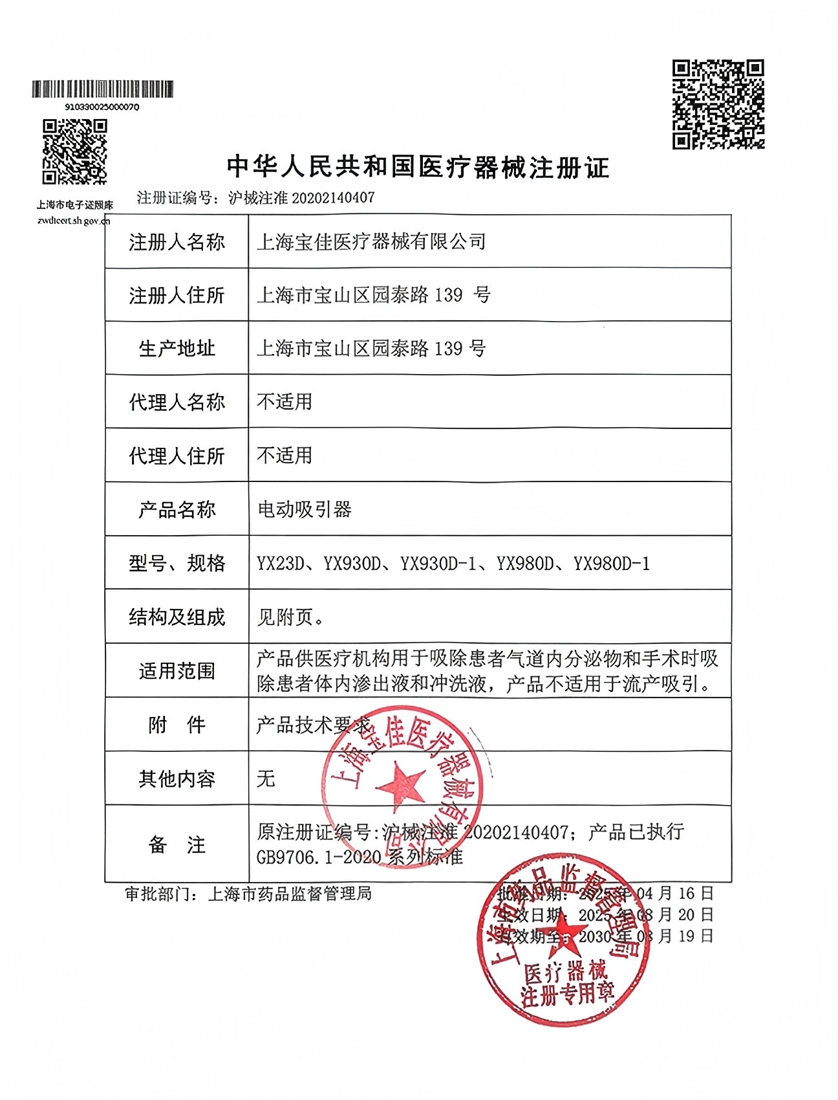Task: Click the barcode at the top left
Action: [103, 89]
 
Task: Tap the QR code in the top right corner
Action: [718, 104]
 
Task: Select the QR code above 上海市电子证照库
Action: [74, 152]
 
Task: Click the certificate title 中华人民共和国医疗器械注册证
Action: [418, 168]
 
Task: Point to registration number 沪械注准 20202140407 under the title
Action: [301, 198]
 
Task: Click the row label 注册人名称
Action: [177, 243]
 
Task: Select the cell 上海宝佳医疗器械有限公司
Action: [371, 242]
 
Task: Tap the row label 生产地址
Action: [177, 349]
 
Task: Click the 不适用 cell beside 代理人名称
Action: [285, 402]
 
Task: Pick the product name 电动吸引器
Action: [304, 510]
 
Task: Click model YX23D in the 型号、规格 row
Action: [281, 564]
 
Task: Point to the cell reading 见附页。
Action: [290, 617]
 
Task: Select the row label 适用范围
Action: [177, 671]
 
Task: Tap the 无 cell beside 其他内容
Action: [266, 778]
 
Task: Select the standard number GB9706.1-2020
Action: [319, 857]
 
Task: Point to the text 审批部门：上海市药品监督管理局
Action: [248, 894]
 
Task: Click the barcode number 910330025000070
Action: [102, 107]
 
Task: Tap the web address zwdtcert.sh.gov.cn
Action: [74, 221]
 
